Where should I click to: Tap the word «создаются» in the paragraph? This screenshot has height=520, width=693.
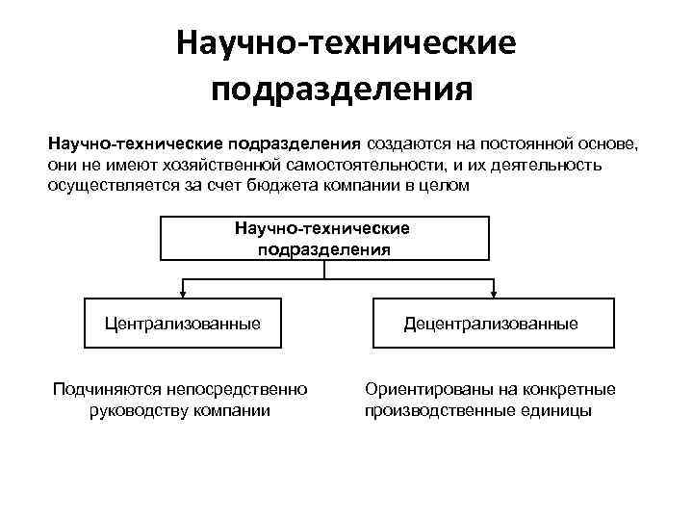click(404, 144)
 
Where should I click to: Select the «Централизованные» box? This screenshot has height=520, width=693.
click(183, 324)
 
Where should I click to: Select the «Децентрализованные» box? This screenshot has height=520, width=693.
click(491, 324)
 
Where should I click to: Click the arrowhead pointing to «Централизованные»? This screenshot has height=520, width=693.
click(183, 292)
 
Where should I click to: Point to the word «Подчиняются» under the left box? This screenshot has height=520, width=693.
click(106, 389)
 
